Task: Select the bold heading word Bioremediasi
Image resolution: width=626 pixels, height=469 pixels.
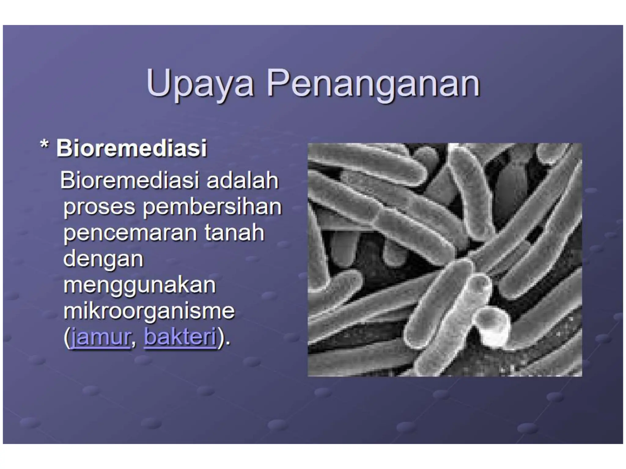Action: point(131,149)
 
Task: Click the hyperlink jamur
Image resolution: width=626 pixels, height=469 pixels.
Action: point(100,337)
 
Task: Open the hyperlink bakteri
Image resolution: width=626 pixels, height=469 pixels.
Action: point(180,337)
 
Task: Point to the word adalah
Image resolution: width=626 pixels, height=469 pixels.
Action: point(242,180)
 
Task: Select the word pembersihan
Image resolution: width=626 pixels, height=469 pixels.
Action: point(212,207)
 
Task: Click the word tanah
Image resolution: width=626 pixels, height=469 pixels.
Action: point(234,233)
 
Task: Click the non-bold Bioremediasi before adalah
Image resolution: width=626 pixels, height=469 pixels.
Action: point(130,180)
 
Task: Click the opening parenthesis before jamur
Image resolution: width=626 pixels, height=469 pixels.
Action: point(67,337)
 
